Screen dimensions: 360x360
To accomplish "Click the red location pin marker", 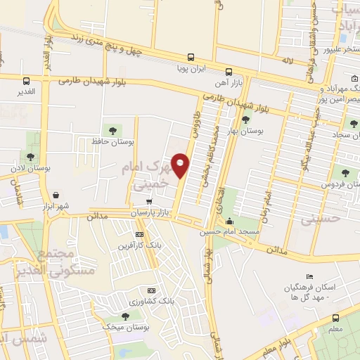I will pyautogui.click(x=181, y=165).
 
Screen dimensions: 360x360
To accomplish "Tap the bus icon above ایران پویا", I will pyautogui.click(x=190, y=58).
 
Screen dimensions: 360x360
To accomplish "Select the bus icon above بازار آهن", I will pyautogui.click(x=229, y=72).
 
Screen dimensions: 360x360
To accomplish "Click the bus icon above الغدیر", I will pyautogui.click(x=26, y=81).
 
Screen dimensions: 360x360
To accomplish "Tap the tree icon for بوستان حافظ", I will pyautogui.click(x=111, y=129).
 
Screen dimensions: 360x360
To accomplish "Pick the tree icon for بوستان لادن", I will pyautogui.click(x=30, y=157).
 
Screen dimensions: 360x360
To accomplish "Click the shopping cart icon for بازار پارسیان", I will pyautogui.click(x=148, y=200).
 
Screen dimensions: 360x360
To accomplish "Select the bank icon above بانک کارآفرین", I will pyautogui.click(x=139, y=234).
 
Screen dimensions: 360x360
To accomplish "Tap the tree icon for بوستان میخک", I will pyautogui.click(x=125, y=316).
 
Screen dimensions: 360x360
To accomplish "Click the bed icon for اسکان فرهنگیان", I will pyautogui.click(x=309, y=276).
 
